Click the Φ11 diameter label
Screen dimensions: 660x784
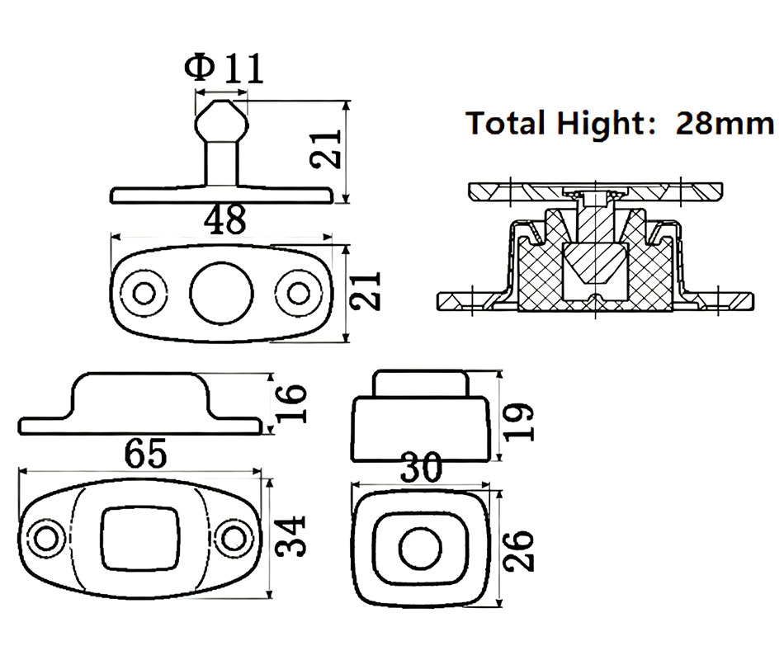pyautogui.click(x=225, y=68)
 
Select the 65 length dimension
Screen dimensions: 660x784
pyautogui.click(x=145, y=452)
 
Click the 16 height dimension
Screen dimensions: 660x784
pyautogui.click(x=290, y=403)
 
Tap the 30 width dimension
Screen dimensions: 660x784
pyautogui.click(x=423, y=469)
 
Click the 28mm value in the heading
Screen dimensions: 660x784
pyautogui.click(x=725, y=123)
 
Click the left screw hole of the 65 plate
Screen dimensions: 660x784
pyautogui.click(x=47, y=538)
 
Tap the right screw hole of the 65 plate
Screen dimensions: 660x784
pyautogui.click(x=233, y=538)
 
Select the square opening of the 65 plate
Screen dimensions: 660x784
pyautogui.click(x=140, y=537)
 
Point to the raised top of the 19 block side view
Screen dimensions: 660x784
pyautogui.click(x=421, y=384)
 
